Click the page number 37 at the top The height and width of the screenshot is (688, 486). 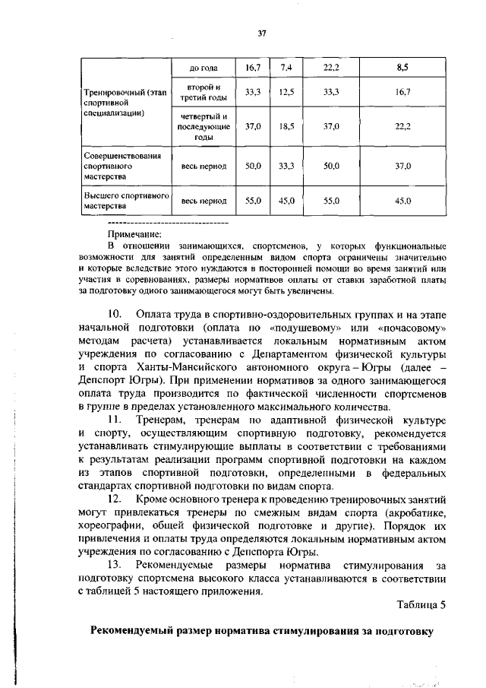(262, 33)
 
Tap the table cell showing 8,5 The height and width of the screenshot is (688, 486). (402, 68)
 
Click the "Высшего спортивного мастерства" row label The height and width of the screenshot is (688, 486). (124, 201)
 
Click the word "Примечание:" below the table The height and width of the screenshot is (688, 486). (135, 235)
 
